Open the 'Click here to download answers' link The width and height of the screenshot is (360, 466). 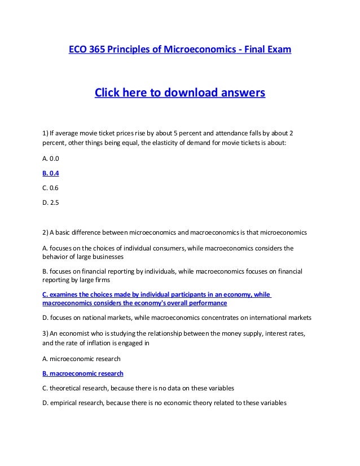click(179, 92)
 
